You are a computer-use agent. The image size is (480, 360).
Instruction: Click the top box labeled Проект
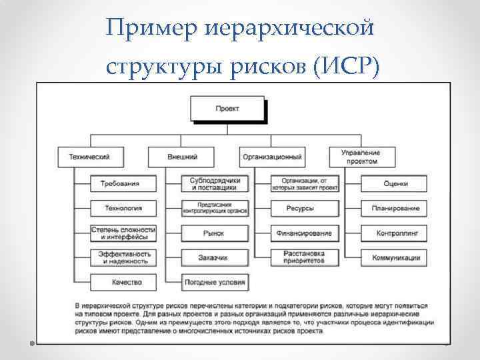[227, 109]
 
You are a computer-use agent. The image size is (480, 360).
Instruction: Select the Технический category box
[89, 157]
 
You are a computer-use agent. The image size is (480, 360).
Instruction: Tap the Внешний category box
[181, 157]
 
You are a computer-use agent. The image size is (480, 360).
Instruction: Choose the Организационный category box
[272, 157]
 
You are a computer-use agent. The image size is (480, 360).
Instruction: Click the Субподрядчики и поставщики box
[215, 183]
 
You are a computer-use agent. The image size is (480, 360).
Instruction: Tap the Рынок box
[215, 233]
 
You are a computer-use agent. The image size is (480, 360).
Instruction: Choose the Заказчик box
[215, 257]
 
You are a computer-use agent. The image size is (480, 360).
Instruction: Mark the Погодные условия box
[215, 282]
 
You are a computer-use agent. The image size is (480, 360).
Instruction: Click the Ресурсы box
[304, 208]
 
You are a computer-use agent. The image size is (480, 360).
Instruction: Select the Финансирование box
[304, 233]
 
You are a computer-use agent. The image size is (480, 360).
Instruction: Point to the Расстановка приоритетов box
[304, 257]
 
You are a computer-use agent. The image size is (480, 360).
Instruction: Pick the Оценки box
[395, 183]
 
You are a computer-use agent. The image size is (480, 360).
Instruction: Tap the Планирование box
[395, 208]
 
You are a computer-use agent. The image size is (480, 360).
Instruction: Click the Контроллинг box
[395, 233]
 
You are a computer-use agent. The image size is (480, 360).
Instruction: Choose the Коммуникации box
[395, 257]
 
